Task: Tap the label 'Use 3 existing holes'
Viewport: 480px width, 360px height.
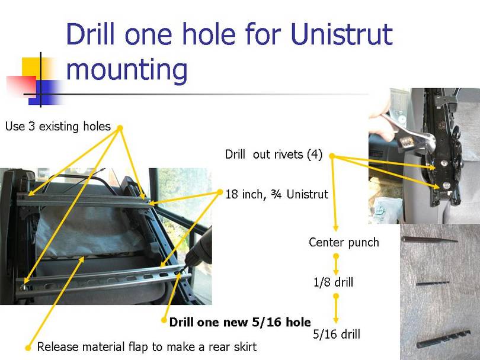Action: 57,126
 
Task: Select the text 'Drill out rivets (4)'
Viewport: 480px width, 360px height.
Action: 273,155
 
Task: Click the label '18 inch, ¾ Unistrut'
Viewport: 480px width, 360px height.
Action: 277,194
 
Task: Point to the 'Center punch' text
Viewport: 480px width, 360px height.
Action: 344,242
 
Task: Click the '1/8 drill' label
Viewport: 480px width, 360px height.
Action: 333,282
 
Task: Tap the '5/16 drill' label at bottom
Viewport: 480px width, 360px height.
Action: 336,335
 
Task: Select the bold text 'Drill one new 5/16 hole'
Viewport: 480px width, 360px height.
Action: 239,322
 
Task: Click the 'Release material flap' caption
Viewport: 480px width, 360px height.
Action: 147,346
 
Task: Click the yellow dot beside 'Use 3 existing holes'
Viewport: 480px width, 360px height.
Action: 119,127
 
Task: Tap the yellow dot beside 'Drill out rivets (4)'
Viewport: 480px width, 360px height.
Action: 331,156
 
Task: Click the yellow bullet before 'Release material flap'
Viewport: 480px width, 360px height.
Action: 28,347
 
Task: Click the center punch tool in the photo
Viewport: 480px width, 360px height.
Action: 429,240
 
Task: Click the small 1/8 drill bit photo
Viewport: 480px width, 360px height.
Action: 433,283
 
